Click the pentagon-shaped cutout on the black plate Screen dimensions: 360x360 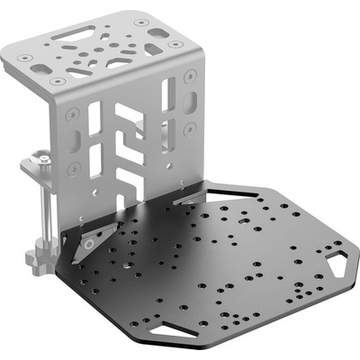[x=337, y=265]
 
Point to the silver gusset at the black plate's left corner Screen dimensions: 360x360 [x=91, y=241]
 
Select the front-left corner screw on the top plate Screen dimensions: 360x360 [x=58, y=81]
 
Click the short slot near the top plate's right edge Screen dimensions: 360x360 [x=157, y=33]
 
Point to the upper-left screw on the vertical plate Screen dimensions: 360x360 [x=73, y=113]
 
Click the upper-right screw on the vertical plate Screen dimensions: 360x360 [x=189, y=78]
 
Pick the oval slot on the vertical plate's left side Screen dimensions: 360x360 [x=76, y=142]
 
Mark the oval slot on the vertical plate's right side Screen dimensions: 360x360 [x=189, y=103]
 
